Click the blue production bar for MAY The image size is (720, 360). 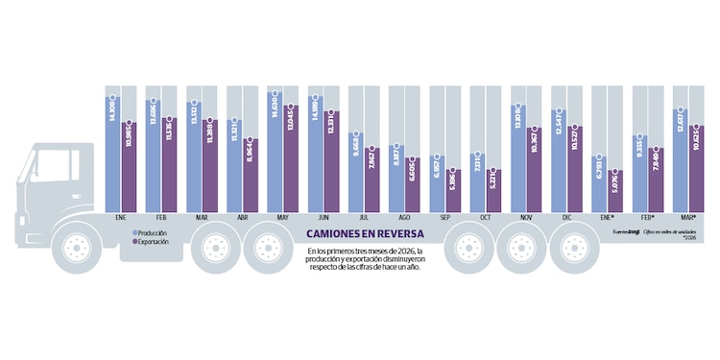[276, 154]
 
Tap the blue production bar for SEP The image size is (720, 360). [438, 182]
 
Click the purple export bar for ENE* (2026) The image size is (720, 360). [616, 191]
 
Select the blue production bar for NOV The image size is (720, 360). [519, 158]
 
